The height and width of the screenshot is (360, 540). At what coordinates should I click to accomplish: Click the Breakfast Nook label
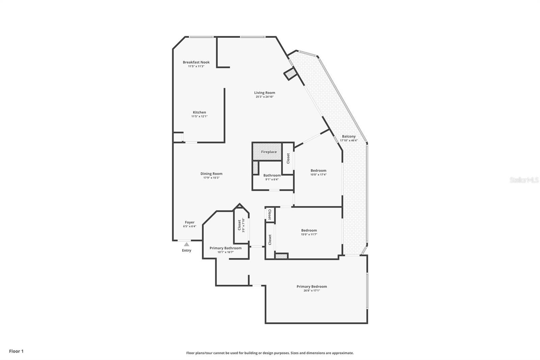point(196,62)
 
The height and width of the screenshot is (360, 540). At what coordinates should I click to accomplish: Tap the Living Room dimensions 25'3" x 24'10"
point(265,97)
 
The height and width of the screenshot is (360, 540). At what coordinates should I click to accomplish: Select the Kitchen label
point(199,112)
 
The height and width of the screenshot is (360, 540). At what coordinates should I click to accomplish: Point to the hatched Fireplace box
point(267,152)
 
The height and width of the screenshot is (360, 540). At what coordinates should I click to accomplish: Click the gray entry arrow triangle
point(187,244)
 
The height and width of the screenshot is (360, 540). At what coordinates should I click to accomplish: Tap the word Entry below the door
point(187,251)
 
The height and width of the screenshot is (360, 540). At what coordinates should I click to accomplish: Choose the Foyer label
point(190,223)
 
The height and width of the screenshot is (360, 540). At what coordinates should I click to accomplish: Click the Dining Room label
point(211,174)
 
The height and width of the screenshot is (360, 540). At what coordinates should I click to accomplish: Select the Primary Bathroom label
point(225,248)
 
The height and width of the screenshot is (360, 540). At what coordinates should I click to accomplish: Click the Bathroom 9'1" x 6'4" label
point(272,176)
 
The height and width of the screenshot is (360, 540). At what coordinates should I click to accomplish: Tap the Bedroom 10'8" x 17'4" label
point(318,171)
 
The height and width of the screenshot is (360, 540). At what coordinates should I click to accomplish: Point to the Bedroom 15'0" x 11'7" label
point(309,231)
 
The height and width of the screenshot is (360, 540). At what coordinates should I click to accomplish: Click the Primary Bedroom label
point(312,287)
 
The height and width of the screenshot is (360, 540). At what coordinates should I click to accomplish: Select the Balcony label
point(349,136)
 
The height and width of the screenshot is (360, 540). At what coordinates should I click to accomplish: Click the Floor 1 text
point(16,351)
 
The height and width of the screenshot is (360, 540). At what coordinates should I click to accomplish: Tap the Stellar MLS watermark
point(524,180)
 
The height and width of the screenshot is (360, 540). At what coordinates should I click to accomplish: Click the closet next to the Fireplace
point(288,158)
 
